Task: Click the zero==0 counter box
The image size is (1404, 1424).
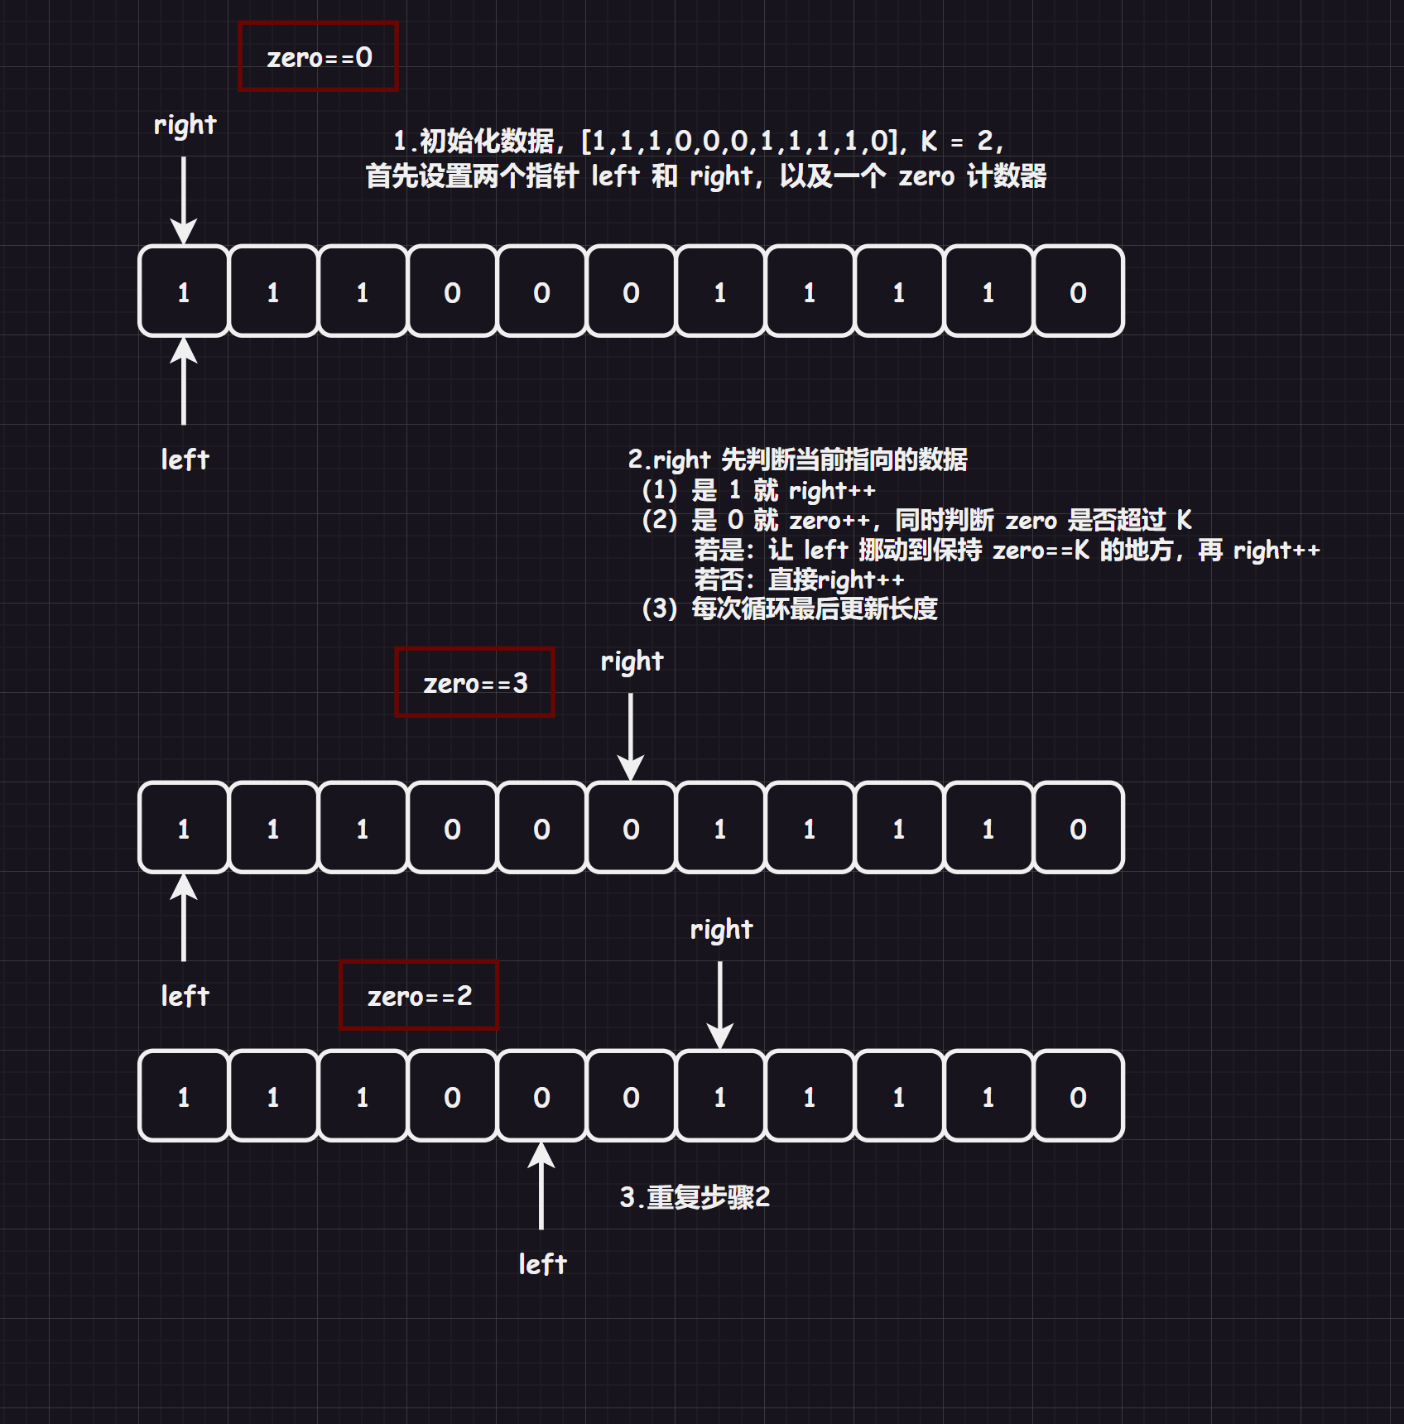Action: click(319, 57)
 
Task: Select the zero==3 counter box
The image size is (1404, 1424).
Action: click(475, 683)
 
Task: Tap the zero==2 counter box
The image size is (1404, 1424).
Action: click(420, 996)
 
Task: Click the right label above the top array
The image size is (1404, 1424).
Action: click(185, 125)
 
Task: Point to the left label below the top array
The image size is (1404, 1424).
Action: click(185, 459)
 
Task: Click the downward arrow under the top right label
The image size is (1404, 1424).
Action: click(184, 199)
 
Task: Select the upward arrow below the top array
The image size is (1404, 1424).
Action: click(184, 381)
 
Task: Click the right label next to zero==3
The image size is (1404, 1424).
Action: click(632, 661)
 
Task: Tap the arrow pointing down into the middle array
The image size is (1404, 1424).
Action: click(631, 735)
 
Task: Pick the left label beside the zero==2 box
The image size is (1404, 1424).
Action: click(185, 996)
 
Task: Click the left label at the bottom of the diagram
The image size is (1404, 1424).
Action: click(542, 1264)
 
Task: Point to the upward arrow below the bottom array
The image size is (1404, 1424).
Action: click(541, 1186)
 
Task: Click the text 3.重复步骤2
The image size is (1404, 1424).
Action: click(695, 1197)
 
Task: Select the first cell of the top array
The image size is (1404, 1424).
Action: click(184, 291)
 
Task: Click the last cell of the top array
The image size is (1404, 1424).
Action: click(1078, 291)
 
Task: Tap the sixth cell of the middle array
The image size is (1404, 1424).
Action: click(631, 828)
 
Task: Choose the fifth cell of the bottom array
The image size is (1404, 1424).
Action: click(541, 1096)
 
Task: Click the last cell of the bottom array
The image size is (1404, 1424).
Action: click(1078, 1096)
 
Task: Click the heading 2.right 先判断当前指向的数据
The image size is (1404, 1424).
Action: click(797, 459)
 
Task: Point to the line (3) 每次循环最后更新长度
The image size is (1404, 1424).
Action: click(790, 609)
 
